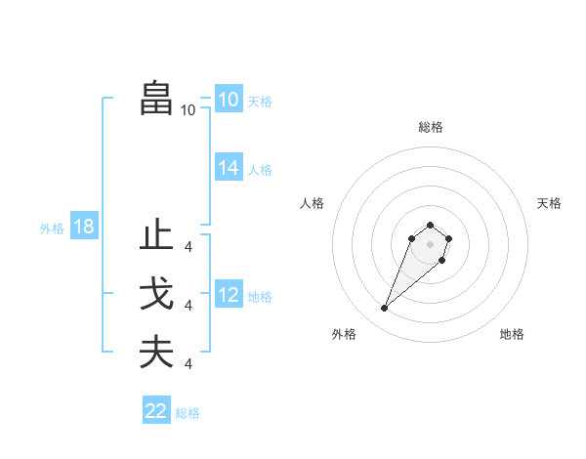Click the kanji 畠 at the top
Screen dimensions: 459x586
[x=156, y=99]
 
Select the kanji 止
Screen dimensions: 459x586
[x=156, y=236]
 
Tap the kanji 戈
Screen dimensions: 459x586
[x=156, y=295]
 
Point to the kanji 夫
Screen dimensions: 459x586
[x=156, y=353]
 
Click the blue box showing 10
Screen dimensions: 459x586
[x=228, y=100]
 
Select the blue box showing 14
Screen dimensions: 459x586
[x=228, y=168]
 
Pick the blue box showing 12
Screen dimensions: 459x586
[x=228, y=295]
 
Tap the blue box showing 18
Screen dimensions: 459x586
[x=83, y=228]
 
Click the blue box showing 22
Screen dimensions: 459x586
[x=155, y=411]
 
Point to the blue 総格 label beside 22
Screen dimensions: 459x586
[x=188, y=413]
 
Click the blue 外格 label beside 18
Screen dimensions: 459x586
[x=52, y=229]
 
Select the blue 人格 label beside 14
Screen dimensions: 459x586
[x=260, y=170]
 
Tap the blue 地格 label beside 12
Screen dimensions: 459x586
[x=260, y=296]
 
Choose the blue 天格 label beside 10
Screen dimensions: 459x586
[x=260, y=102]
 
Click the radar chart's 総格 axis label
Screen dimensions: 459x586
[x=430, y=127]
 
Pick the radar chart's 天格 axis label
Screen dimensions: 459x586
[x=549, y=203]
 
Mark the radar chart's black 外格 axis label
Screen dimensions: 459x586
[x=344, y=334]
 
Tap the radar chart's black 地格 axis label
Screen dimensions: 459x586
[x=512, y=334]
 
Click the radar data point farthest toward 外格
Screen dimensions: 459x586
[x=384, y=309]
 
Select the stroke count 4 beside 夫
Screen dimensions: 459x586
[x=188, y=364]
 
